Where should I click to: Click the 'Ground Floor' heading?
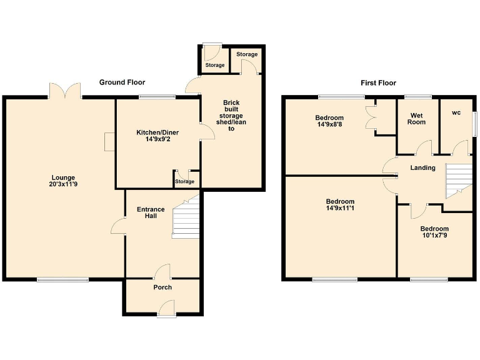pyautogui.click(x=122, y=82)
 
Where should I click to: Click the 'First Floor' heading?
pyautogui.click(x=378, y=83)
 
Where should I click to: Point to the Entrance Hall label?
pyautogui.click(x=151, y=213)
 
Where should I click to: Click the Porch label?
pyautogui.click(x=162, y=287)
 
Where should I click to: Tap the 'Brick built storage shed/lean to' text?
pyautogui.click(x=231, y=116)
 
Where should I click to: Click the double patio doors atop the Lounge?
pyautogui.click(x=64, y=91)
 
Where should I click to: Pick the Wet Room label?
pyautogui.click(x=417, y=118)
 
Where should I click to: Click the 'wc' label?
pyautogui.click(x=456, y=113)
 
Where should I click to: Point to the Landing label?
pyautogui.click(x=422, y=167)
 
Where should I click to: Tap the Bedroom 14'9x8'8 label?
pyautogui.click(x=329, y=121)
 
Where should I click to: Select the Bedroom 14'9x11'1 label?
pyautogui.click(x=340, y=205)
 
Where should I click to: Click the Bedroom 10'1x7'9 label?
pyautogui.click(x=434, y=232)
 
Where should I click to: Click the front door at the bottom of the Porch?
pyautogui.click(x=166, y=308)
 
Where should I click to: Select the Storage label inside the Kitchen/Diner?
pyautogui.click(x=185, y=182)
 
